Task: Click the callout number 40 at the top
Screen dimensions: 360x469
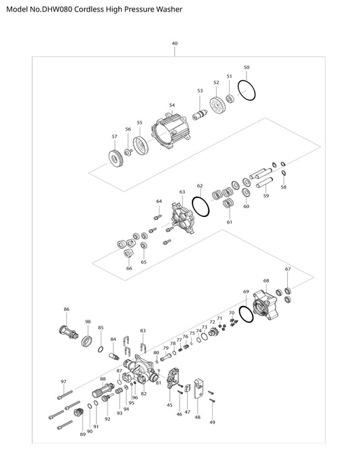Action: pos(175,43)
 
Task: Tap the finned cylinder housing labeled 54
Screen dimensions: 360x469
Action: pos(172,131)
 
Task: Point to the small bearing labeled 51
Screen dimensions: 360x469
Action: pos(230,99)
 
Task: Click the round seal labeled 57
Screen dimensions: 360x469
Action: pos(115,157)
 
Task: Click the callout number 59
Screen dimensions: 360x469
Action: pos(266,195)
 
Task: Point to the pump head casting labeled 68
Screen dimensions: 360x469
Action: pos(266,305)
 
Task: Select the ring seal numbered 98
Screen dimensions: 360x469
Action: pos(83,341)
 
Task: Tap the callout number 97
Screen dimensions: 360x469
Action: pos(63,382)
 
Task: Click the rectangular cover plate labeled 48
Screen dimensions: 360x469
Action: pos(199,388)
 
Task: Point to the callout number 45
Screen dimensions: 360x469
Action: pos(170,405)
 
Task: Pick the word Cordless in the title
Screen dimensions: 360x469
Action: pos(85,9)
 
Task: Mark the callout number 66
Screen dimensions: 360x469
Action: pos(129,268)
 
